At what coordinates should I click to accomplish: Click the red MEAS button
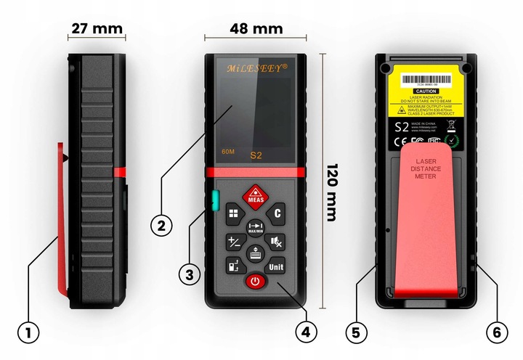(x=254, y=196)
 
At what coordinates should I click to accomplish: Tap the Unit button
(x=276, y=266)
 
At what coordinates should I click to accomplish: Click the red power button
(x=254, y=281)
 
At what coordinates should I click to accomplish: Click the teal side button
(x=216, y=200)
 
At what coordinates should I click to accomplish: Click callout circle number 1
(x=28, y=332)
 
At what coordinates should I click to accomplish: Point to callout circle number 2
(x=161, y=224)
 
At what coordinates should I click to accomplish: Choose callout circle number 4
(x=306, y=332)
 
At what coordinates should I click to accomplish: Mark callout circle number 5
(x=355, y=332)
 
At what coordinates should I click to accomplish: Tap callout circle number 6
(x=496, y=332)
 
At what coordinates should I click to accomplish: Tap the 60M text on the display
(x=227, y=152)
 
